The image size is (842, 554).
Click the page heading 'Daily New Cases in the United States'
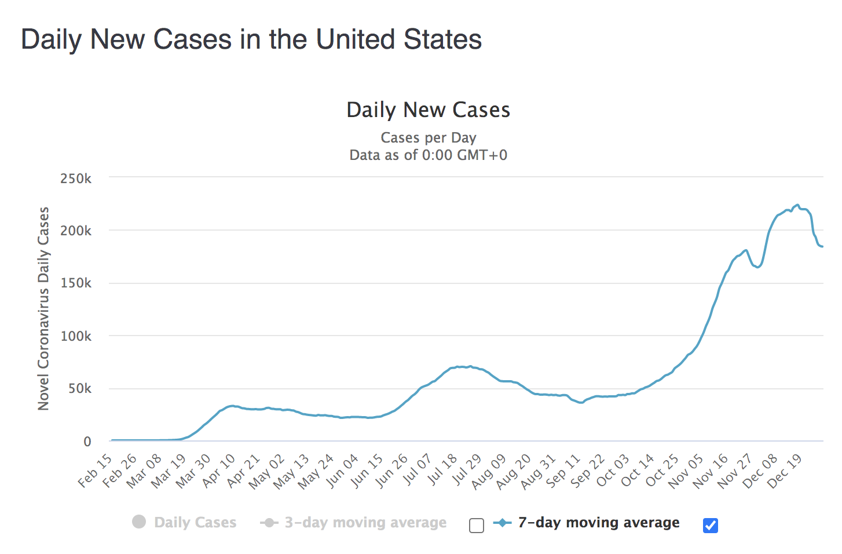pyautogui.click(x=251, y=40)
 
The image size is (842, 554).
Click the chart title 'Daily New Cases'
pyautogui.click(x=428, y=110)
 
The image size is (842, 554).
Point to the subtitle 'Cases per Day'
pyautogui.click(x=428, y=138)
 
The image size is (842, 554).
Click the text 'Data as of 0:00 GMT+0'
pyautogui.click(x=428, y=155)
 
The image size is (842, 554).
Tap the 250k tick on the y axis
pyautogui.click(x=76, y=178)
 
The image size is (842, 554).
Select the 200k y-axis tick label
pyautogui.click(x=76, y=231)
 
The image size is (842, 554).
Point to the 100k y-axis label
pyautogui.click(x=76, y=337)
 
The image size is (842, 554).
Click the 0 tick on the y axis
pyautogui.click(x=87, y=442)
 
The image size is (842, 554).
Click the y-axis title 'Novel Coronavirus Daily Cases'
pyautogui.click(x=44, y=309)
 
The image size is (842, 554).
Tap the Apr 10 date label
pyautogui.click(x=219, y=471)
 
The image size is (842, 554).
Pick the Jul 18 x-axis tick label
pyautogui.click(x=443, y=471)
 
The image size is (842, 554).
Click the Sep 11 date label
pyautogui.click(x=564, y=471)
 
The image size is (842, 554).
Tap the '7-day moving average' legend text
pyautogui.click(x=599, y=523)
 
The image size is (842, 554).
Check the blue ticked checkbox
pyautogui.click(x=711, y=526)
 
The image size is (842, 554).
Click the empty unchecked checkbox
pyautogui.click(x=477, y=526)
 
